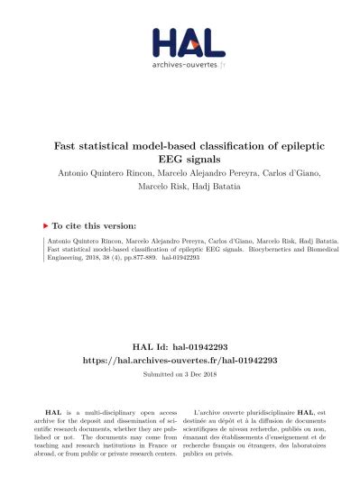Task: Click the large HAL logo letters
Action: click(188, 43)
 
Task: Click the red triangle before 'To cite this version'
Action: click(45, 225)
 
